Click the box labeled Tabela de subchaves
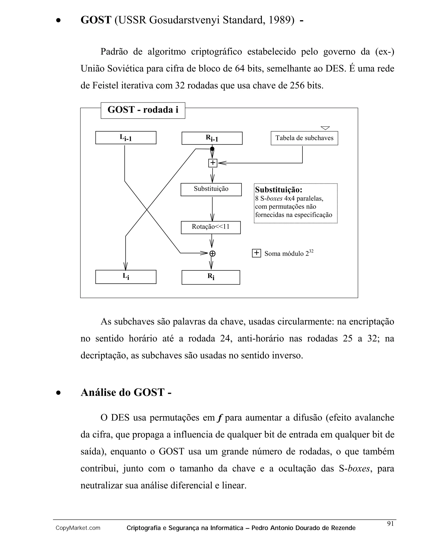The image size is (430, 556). pyautogui.click(x=304, y=138)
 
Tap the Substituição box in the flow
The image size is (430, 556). pyautogui.click(x=211, y=189)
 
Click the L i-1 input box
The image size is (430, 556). pyautogui.click(x=126, y=138)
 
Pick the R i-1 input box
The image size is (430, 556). pyautogui.click(x=212, y=138)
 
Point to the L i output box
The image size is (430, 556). pyautogui.click(x=126, y=277)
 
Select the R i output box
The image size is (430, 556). pyautogui.click(x=211, y=277)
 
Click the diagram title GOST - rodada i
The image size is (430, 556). pyautogui.click(x=143, y=110)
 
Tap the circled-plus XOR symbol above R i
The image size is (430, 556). pyautogui.click(x=212, y=254)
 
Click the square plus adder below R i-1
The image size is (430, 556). pyautogui.click(x=213, y=163)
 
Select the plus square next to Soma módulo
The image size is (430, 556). pyautogui.click(x=256, y=253)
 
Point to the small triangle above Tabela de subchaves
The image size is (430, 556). pyautogui.click(x=325, y=128)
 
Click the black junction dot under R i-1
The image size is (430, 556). pyautogui.click(x=212, y=149)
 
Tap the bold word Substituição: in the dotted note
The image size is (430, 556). pyautogui.click(x=279, y=190)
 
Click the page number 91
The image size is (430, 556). pyautogui.click(x=390, y=523)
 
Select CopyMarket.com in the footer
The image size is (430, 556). pyautogui.click(x=78, y=528)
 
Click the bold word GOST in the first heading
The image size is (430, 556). pyautogui.click(x=96, y=20)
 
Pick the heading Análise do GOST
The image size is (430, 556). pyautogui.click(x=126, y=393)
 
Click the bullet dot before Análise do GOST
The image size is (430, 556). pyautogui.click(x=59, y=393)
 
